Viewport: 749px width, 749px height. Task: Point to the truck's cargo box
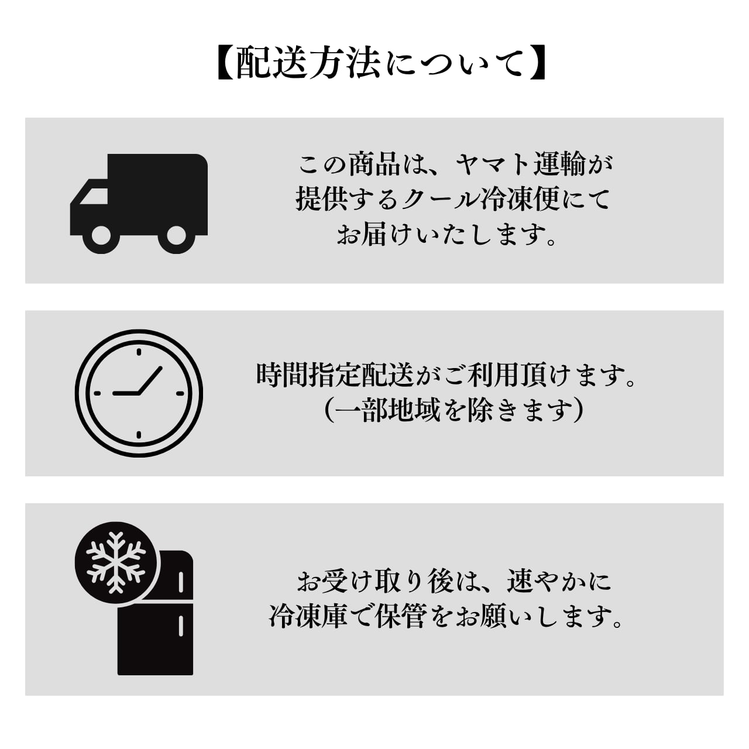pos(158,187)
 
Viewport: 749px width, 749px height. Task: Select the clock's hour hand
pos(126,393)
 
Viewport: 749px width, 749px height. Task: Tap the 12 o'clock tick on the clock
pos(139,352)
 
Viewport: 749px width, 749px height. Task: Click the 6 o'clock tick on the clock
pos(139,435)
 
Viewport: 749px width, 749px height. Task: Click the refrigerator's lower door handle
pos(181,625)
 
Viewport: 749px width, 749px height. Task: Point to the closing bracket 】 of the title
pos(537,63)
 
